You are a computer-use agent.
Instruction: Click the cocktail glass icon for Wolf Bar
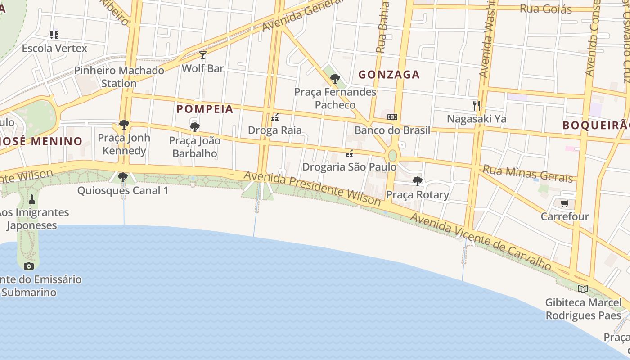pyautogui.click(x=203, y=55)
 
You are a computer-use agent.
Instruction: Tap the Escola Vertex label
pyautogui.click(x=54, y=48)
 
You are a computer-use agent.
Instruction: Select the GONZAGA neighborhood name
pyautogui.click(x=389, y=75)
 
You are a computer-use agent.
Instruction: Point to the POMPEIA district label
pyautogui.click(x=205, y=109)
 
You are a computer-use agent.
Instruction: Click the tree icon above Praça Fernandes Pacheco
pyautogui.click(x=335, y=79)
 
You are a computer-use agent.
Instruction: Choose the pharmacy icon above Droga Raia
pyautogui.click(x=275, y=117)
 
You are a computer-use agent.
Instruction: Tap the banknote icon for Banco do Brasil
pyautogui.click(x=392, y=117)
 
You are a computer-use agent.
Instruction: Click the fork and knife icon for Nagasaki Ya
pyautogui.click(x=477, y=106)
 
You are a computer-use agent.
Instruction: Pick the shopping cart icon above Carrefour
pyautogui.click(x=564, y=203)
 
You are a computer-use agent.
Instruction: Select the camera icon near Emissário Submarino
pyautogui.click(x=29, y=266)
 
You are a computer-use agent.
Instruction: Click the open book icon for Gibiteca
pyautogui.click(x=583, y=288)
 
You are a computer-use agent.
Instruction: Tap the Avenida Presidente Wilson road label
pyautogui.click(x=312, y=188)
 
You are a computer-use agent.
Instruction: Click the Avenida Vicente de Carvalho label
pyautogui.click(x=481, y=242)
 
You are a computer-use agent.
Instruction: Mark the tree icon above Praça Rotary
pyautogui.click(x=418, y=181)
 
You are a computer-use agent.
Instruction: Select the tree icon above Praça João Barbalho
pyautogui.click(x=195, y=127)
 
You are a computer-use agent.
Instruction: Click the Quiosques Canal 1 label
pyautogui.click(x=123, y=191)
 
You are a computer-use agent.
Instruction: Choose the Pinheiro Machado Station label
pyautogui.click(x=119, y=77)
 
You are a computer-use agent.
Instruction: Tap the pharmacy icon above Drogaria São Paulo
pyautogui.click(x=349, y=154)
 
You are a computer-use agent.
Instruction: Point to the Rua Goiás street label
pyautogui.click(x=545, y=9)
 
